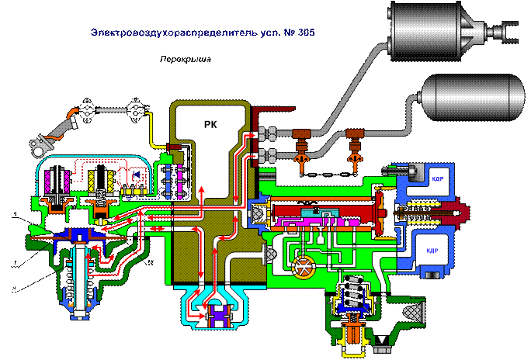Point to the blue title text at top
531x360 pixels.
point(203,33)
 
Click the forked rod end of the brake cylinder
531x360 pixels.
point(508,30)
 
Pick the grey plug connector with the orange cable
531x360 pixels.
point(40,145)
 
